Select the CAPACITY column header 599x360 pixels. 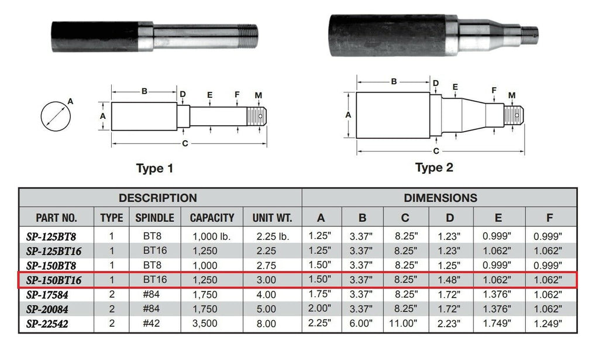212,218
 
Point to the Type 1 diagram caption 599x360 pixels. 154,169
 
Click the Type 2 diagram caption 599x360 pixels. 434,168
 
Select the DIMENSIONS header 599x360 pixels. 440,198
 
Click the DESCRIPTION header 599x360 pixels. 158,198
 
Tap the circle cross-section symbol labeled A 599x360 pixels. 56,115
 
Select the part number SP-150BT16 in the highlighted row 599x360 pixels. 54,280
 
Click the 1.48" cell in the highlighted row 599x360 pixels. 449,280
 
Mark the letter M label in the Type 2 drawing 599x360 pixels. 512,95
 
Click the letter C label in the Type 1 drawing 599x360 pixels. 185,143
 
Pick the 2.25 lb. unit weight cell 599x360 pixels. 271,237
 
